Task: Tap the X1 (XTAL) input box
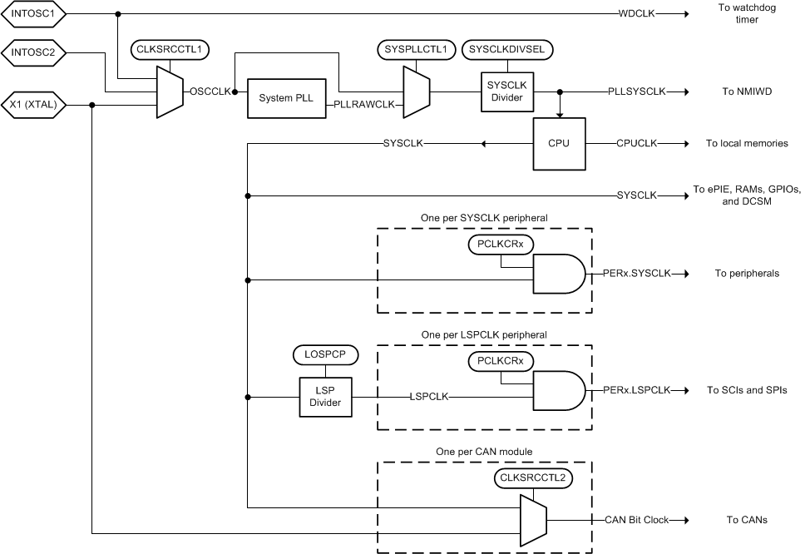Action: coord(33,105)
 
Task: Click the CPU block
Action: coord(558,143)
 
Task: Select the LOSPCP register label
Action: coord(325,354)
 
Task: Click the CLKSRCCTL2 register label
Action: coord(531,478)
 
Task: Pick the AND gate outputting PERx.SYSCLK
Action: coord(558,274)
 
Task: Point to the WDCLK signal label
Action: coord(636,14)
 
